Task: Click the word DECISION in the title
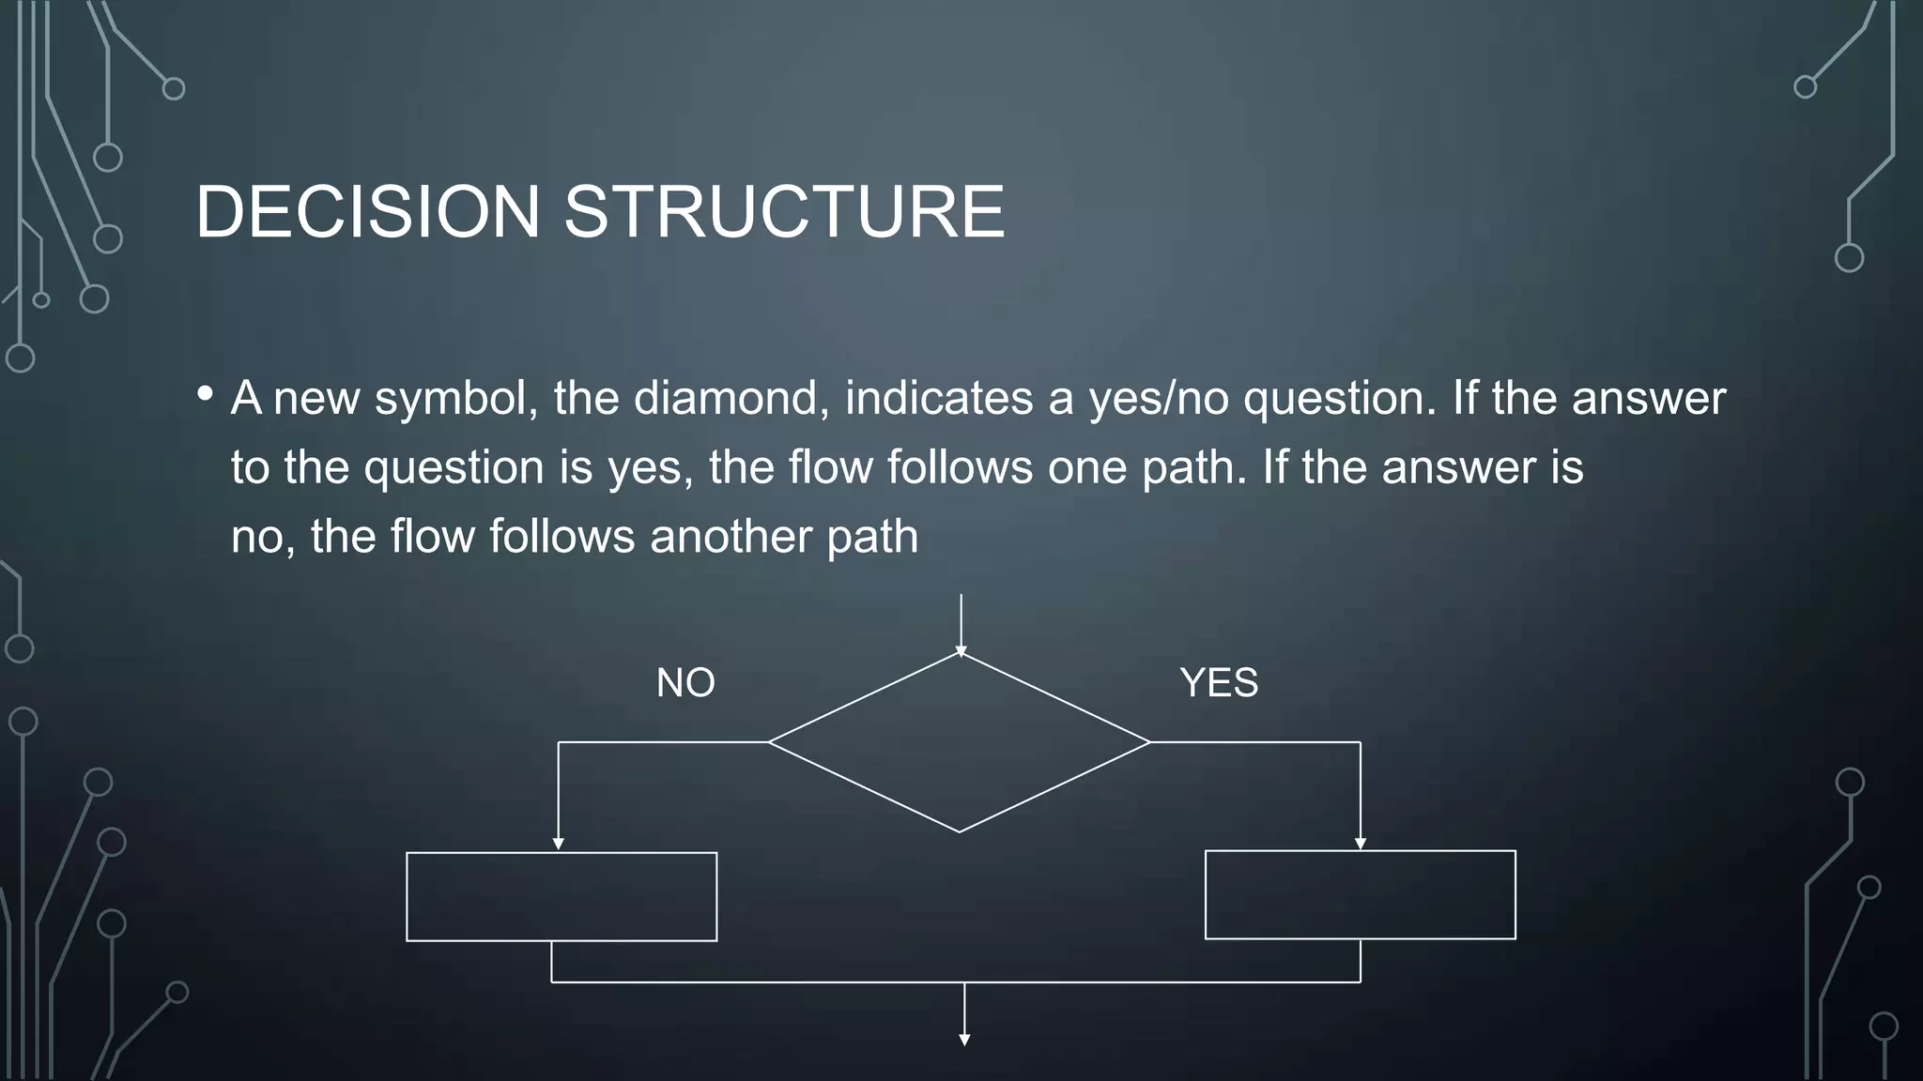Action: coord(367,211)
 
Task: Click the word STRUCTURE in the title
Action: coord(784,211)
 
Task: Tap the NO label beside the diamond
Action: coord(685,682)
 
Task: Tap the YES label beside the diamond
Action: coord(1219,682)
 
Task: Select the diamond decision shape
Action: coord(960,742)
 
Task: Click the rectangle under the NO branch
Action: coord(562,896)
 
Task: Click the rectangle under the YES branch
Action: coord(1360,894)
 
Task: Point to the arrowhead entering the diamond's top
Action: coord(961,651)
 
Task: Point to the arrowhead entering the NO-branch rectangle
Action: coord(559,845)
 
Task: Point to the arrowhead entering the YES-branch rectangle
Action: coord(1361,844)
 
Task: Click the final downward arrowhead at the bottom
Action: coord(964,1039)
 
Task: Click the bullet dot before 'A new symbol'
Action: coord(206,395)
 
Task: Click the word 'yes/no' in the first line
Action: coord(1159,398)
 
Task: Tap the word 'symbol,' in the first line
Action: coord(456,398)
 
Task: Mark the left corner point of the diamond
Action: coord(770,742)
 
